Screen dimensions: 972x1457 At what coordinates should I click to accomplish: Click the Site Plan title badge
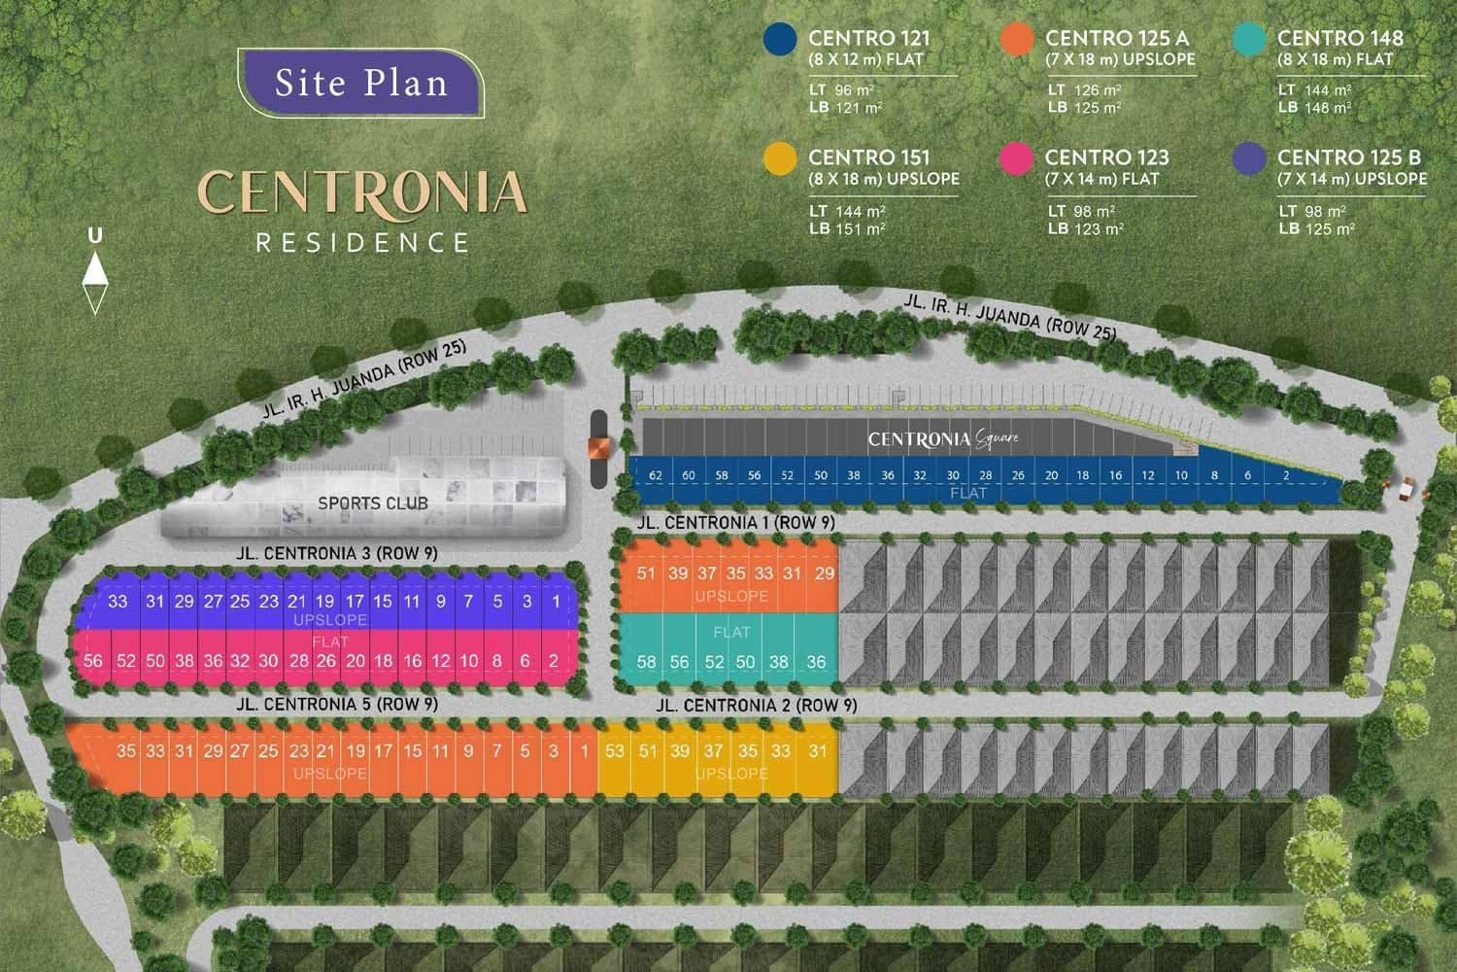pos(360,83)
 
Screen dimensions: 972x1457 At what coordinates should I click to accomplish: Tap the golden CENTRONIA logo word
pos(362,192)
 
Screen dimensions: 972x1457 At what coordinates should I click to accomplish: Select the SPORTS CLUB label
pos(373,503)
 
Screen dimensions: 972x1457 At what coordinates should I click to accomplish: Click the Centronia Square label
pos(943,439)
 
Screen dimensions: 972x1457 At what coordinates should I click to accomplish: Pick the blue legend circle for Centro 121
pos(781,39)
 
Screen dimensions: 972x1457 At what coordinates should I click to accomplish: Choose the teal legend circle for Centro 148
pos(1249,39)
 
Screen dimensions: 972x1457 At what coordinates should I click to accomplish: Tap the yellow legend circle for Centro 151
pos(781,158)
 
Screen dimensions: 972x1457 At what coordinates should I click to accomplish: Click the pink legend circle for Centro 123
pos(1017,158)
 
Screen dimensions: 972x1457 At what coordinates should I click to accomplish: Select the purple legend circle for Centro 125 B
pos(1249,158)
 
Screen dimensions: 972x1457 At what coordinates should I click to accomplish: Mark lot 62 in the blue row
pos(656,475)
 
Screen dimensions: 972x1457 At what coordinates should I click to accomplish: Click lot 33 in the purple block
pos(118,602)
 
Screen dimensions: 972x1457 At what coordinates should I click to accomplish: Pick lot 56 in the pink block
pos(93,661)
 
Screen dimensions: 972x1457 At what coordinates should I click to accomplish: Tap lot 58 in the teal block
pos(646,662)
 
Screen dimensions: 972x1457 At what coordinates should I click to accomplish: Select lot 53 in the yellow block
pos(614,751)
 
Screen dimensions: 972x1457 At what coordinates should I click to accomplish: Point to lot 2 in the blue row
pos(1286,475)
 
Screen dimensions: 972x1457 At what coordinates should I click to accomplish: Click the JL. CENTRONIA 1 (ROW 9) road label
pos(735,523)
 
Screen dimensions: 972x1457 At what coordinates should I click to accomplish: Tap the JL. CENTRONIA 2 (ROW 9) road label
pos(757,706)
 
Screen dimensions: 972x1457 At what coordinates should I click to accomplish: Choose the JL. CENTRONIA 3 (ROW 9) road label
pos(337,553)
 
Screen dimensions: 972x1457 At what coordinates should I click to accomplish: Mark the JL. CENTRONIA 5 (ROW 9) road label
pos(337,704)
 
